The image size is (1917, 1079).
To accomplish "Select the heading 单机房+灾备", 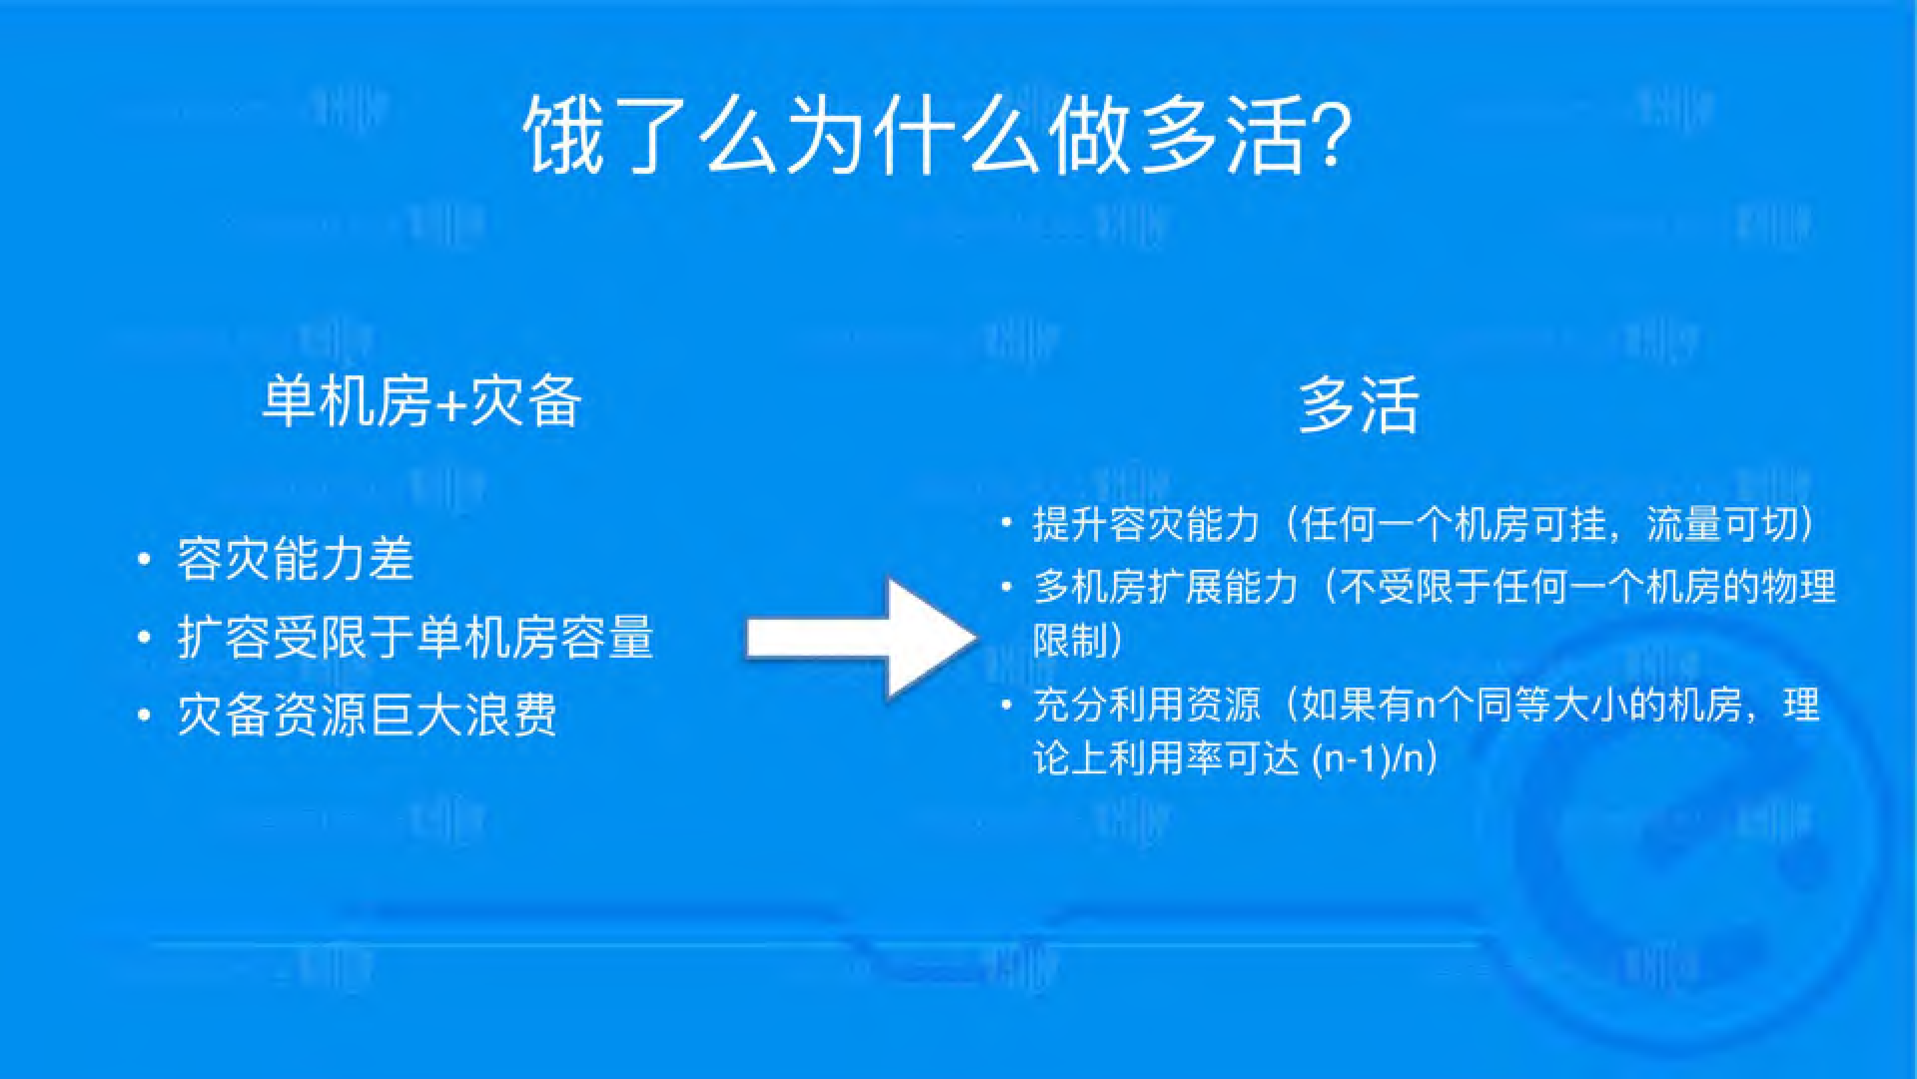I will coord(422,402).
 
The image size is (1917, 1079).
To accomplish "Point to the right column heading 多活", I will coord(1359,405).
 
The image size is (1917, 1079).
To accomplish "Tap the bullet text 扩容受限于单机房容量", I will coord(415,637).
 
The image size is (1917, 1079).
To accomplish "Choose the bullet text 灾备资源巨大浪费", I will coord(367,714).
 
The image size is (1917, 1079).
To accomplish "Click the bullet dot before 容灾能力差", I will coord(144,560).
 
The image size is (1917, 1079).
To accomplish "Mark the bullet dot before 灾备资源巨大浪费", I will coord(144,715).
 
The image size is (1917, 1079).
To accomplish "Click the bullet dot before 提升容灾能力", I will coord(1007,523).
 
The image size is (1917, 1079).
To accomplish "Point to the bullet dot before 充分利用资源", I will coord(1007,704).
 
